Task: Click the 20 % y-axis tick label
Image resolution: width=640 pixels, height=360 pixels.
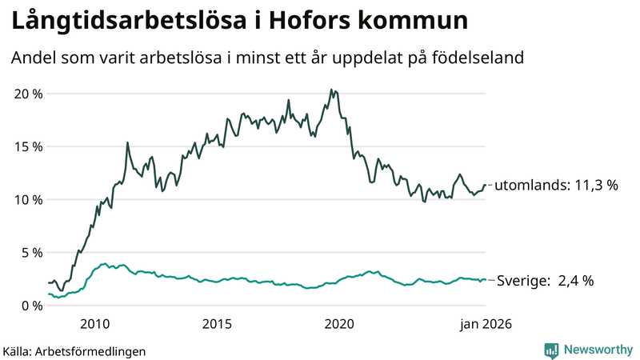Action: click(x=29, y=94)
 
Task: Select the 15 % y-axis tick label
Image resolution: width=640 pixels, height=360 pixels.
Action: click(x=29, y=146)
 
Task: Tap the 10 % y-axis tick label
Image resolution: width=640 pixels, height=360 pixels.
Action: click(x=29, y=199)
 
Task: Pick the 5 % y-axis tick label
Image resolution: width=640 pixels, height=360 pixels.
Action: click(x=32, y=252)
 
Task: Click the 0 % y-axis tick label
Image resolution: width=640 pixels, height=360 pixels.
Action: click(x=32, y=305)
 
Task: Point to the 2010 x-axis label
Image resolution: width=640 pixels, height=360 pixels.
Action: click(x=94, y=324)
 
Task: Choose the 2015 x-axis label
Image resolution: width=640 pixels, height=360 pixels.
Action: click(x=217, y=324)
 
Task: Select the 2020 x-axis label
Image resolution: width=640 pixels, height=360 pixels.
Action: click(x=339, y=324)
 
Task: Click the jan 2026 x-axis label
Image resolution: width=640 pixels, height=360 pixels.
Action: click(x=484, y=324)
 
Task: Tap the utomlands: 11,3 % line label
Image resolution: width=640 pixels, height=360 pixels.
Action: click(x=557, y=186)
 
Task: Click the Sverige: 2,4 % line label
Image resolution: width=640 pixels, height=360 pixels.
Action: click(x=546, y=281)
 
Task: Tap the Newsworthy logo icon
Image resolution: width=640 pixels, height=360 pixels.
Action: click(x=551, y=350)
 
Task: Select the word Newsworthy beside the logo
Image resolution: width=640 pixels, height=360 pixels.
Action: click(x=596, y=350)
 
